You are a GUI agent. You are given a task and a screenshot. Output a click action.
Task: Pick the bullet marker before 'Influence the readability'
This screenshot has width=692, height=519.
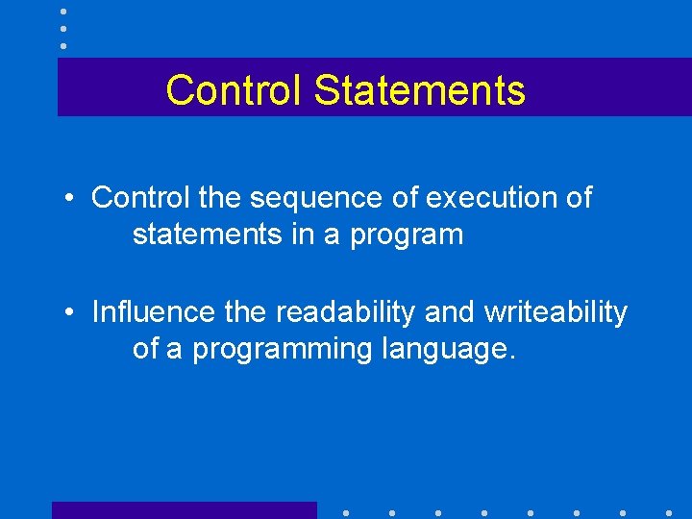[x=71, y=313]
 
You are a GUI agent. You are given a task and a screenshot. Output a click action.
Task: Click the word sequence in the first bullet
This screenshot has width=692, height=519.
[x=337, y=199]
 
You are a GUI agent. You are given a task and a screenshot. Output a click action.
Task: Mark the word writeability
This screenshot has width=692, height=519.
[x=555, y=312]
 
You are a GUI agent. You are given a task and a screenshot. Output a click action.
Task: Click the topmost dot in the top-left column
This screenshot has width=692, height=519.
[x=63, y=12]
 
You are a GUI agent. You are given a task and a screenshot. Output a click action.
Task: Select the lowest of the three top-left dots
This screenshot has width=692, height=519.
[x=63, y=46]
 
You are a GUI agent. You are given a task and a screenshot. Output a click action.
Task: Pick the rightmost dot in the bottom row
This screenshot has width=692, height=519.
[x=668, y=512]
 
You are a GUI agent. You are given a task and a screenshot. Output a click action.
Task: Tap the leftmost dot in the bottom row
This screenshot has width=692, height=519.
[x=345, y=512]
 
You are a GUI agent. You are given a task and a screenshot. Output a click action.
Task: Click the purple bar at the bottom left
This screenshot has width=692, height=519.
[x=184, y=510]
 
